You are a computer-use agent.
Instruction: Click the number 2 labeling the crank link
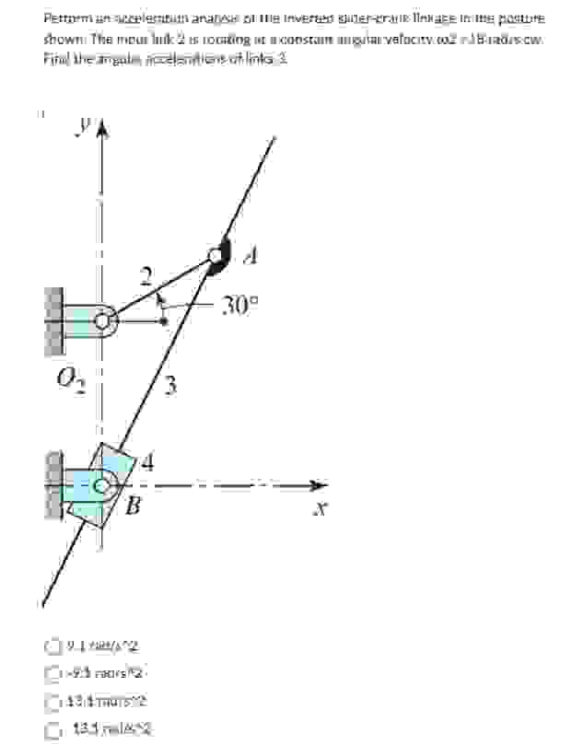144,275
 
